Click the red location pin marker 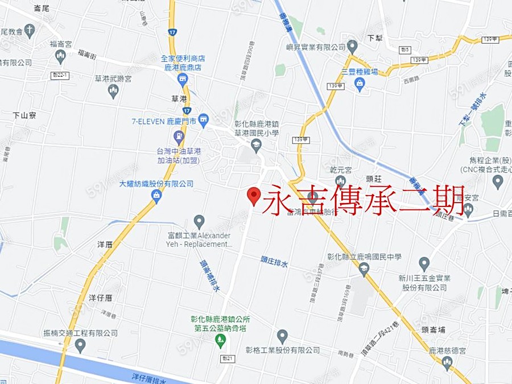click(254, 195)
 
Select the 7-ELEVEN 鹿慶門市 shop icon click(204, 120)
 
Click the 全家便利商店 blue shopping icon click(183, 79)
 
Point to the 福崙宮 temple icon click(61, 56)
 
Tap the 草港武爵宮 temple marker click(113, 90)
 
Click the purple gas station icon click(179, 137)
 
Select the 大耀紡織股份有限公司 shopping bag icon click(156, 195)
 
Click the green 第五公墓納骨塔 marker click(221, 341)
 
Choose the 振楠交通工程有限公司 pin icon click(80, 345)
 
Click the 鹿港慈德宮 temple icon click(447, 362)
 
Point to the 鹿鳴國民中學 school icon click(364, 269)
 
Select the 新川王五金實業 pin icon click(424, 264)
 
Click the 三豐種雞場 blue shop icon click(360, 84)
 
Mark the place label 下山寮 click(24, 115)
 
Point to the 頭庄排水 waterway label click(275, 263)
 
